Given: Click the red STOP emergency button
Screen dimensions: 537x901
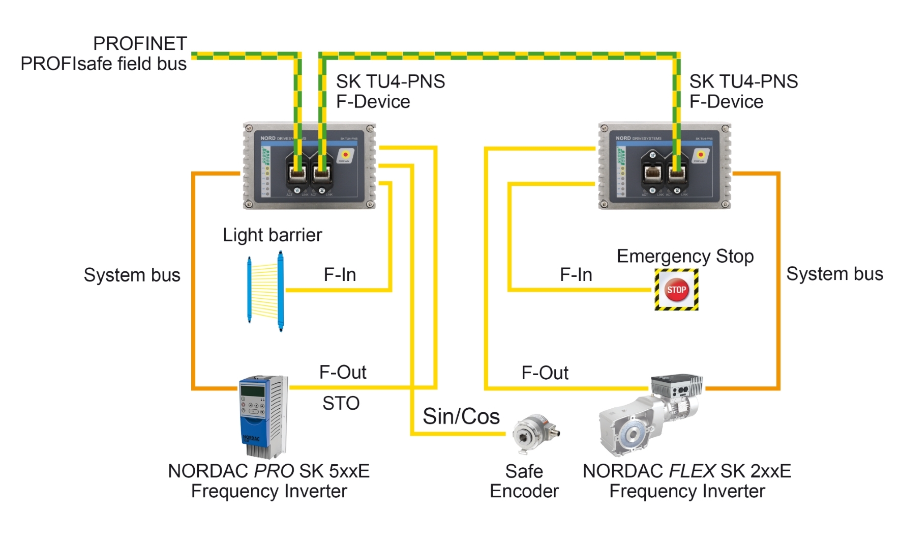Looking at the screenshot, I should (676, 290).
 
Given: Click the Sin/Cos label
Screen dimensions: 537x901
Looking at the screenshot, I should (461, 416).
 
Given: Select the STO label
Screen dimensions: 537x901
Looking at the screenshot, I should (341, 404).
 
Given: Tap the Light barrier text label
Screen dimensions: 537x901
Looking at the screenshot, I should (272, 235).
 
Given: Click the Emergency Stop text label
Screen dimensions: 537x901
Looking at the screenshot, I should (685, 256).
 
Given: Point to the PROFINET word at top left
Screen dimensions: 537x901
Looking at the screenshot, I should (140, 44).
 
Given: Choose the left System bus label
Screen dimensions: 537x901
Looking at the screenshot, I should (132, 275).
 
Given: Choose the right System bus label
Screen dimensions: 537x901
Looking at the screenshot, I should (834, 274).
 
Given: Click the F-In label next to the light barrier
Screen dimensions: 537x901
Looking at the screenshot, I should (340, 275).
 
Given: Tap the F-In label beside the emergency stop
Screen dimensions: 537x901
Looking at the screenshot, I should (576, 275).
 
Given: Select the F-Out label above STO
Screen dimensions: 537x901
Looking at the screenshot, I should (342, 373).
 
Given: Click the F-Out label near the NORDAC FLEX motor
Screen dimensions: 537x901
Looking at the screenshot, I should (545, 373).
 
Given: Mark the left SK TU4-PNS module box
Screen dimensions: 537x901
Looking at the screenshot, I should (309, 166).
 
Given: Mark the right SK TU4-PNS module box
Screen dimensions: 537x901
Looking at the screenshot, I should (665, 166).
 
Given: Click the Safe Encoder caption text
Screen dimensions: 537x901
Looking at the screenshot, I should (524, 481).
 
